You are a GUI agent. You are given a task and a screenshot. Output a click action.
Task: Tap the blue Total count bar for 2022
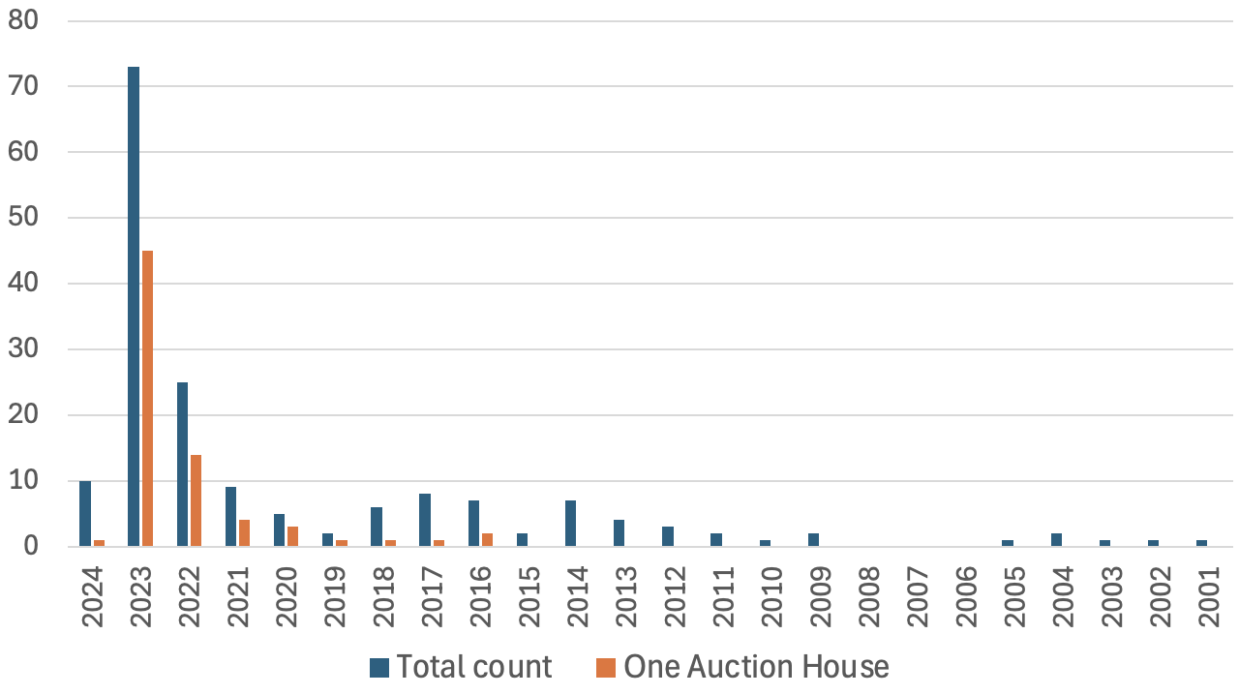182,465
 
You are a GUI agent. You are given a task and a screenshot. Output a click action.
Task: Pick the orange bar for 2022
196,500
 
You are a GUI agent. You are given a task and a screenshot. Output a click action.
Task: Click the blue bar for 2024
85,514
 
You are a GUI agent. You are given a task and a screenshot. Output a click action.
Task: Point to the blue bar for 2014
571,524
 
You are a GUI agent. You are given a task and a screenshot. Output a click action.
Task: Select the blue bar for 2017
425,521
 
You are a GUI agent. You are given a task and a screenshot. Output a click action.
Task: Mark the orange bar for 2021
245,533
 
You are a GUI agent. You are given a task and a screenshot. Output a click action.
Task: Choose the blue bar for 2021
230,517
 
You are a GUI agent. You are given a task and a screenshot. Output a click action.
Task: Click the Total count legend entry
460,667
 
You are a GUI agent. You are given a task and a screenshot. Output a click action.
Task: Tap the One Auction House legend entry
741,667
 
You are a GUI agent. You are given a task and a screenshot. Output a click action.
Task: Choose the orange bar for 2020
293,537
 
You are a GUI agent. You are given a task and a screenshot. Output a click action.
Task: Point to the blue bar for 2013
619,533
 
